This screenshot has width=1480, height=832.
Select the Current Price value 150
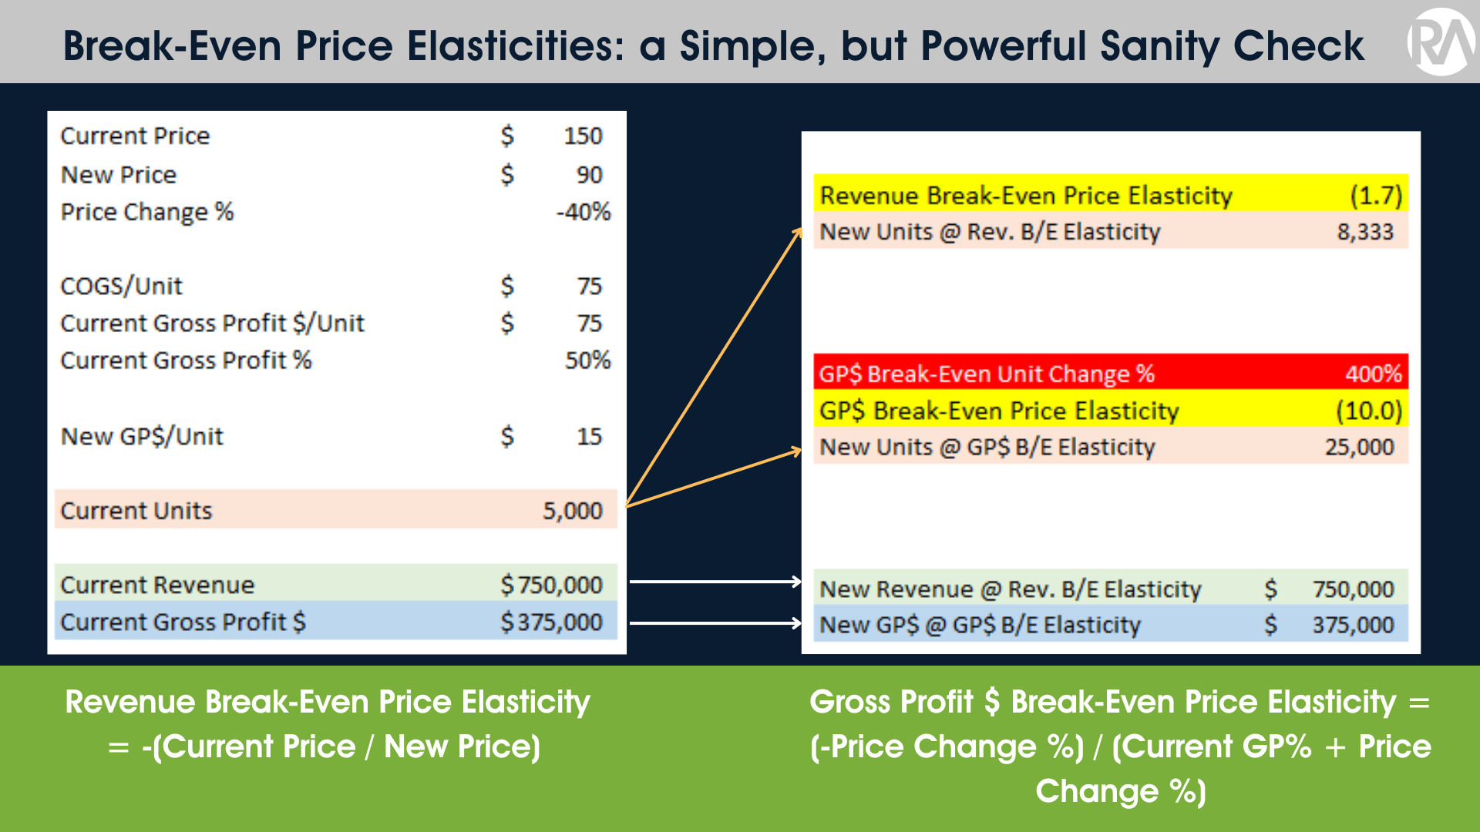(582, 136)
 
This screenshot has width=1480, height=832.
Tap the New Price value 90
(589, 175)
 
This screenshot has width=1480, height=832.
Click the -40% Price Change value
(584, 212)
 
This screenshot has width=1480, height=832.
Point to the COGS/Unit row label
(121, 287)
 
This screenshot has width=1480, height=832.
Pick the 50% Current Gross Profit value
(587, 361)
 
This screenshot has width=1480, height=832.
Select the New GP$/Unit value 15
(589, 437)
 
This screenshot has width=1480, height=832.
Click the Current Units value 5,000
(572, 511)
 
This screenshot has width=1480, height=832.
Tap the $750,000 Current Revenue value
(551, 585)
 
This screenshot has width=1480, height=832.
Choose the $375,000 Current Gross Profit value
(551, 622)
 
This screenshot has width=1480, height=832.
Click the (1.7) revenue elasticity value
(1376, 196)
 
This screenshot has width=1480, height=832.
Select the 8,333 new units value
(1365, 232)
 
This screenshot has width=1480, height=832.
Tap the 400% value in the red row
(1373, 374)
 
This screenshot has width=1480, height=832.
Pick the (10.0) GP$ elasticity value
(1369, 411)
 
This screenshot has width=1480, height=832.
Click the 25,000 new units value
(1359, 448)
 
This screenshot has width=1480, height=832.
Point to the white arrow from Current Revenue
(715, 582)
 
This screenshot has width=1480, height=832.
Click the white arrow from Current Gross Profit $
(715, 622)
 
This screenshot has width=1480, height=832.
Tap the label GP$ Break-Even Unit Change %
(986, 374)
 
